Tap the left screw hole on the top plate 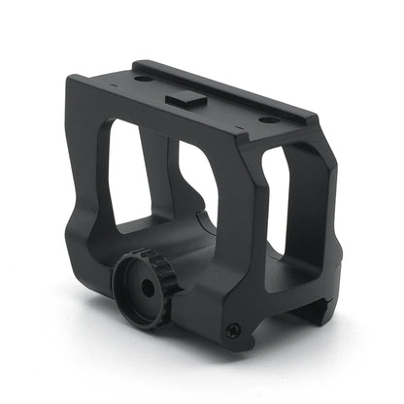[141, 80]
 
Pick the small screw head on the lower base [232, 330]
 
